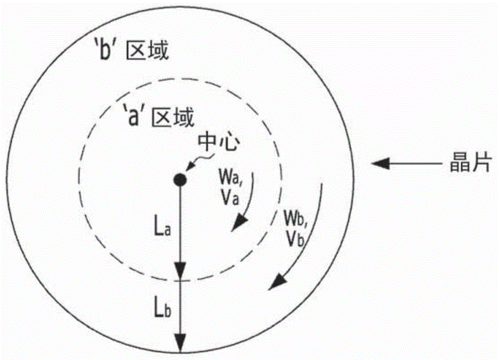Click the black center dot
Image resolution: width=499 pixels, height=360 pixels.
point(180,180)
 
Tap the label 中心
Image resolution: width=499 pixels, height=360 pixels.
point(219,143)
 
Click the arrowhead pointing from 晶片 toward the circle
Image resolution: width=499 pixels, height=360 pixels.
point(380,163)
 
